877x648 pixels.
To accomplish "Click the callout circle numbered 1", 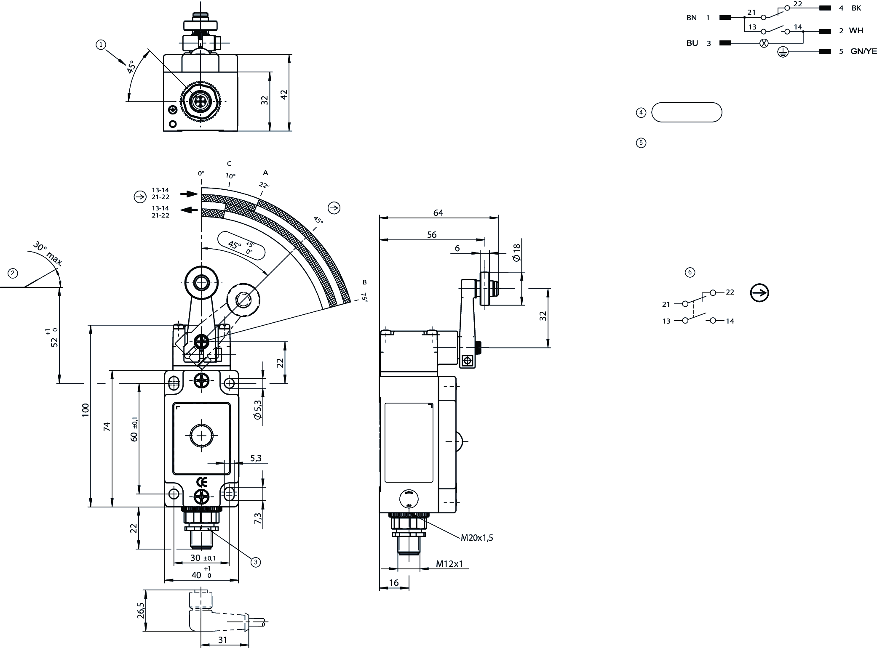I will click(101, 45).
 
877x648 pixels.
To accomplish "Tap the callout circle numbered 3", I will click(255, 561).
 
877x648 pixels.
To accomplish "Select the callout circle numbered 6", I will click(690, 272).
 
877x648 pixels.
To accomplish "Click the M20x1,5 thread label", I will click(476, 537).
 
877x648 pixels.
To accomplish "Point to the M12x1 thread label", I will click(449, 563).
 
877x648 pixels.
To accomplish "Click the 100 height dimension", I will click(86, 410).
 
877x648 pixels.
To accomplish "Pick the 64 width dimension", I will click(438, 212).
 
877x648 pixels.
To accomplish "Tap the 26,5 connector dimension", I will click(140, 611).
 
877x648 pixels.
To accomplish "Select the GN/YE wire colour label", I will click(864, 51).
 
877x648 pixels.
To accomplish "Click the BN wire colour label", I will click(691, 18).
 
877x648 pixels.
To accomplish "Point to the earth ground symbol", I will click(783, 52).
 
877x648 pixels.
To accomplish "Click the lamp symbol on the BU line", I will click(764, 43).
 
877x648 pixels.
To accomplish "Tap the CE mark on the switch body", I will click(202, 482).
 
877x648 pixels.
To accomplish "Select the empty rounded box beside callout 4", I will click(687, 112).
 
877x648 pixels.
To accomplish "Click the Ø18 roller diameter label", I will click(516, 252).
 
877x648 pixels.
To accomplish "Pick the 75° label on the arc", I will click(364, 298).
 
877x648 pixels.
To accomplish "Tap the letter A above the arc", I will click(265, 173).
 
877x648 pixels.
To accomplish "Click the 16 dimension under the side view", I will click(393, 582).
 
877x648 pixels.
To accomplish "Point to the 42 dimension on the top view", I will click(284, 95).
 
